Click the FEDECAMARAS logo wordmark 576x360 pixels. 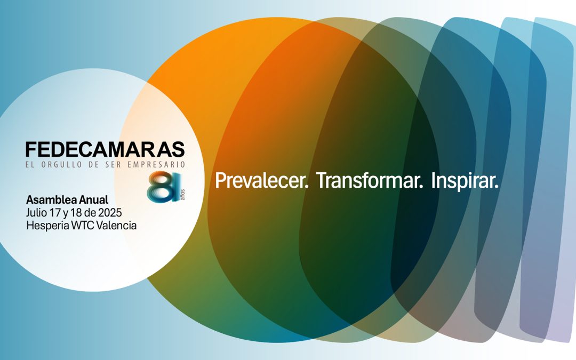[105, 149]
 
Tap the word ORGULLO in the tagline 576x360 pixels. [62, 165]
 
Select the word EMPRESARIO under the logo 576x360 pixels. [156, 165]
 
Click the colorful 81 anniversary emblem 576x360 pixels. [164, 187]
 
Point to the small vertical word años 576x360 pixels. [183, 195]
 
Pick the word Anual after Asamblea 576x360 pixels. [94, 200]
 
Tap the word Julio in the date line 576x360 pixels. [36, 213]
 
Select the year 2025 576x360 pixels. [110, 213]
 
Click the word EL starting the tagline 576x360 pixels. [30, 165]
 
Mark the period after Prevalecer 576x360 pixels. [307, 187]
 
